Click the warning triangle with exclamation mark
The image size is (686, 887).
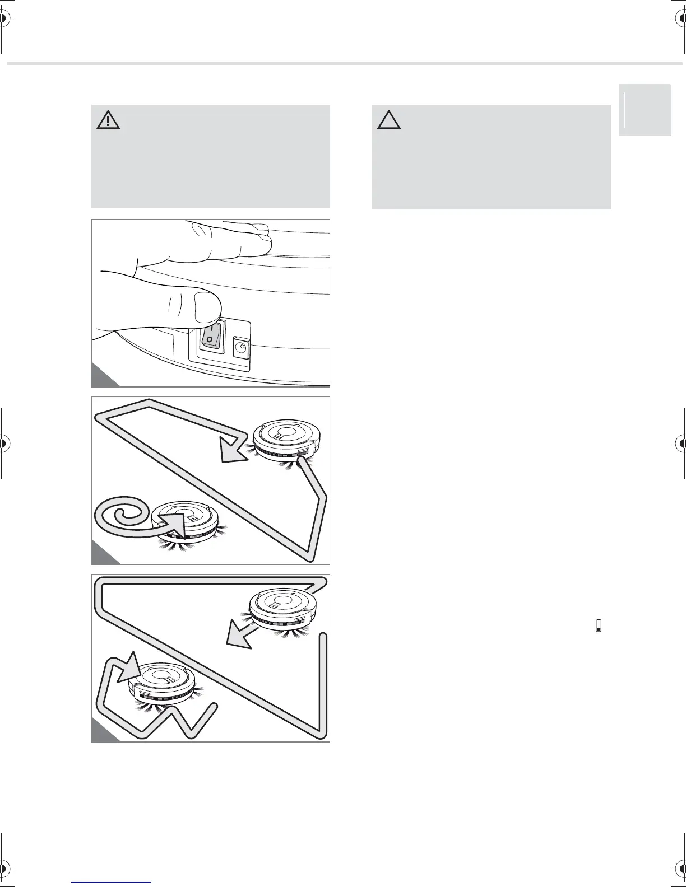tap(108, 120)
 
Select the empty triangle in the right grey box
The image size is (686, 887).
tap(389, 120)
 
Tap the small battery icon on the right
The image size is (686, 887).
tap(599, 625)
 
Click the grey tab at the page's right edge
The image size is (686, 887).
tap(645, 110)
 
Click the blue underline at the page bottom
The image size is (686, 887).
tap(112, 881)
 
